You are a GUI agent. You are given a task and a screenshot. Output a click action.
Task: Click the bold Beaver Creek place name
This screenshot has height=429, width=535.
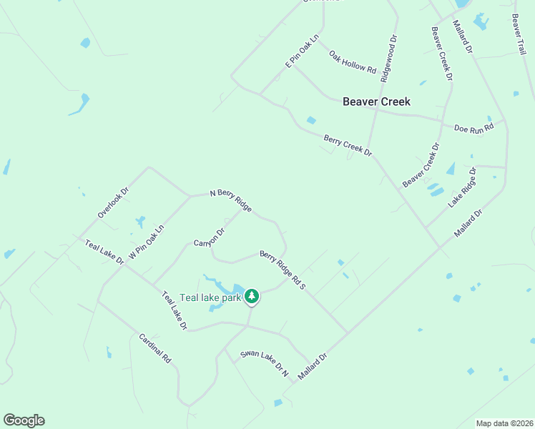tap(376, 102)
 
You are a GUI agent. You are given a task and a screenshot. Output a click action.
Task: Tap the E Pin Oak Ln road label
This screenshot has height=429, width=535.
tap(302, 52)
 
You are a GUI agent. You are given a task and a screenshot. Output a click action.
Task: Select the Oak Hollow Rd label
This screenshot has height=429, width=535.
tap(353, 61)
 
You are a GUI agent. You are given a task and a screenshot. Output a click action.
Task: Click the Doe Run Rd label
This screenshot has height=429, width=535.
tap(474, 128)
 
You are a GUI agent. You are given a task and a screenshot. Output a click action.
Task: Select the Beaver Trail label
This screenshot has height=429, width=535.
tap(519, 34)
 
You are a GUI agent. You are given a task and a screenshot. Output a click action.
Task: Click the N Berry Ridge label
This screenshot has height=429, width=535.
tap(230, 201)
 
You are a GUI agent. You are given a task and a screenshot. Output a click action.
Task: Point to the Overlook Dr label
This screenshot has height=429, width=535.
tap(113, 203)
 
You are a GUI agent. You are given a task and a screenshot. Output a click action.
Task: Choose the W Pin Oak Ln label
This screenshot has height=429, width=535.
tap(146, 243)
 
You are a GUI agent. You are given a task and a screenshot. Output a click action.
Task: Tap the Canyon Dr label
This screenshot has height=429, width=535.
tap(210, 237)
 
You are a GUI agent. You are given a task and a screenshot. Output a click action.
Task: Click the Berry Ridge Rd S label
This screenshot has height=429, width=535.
tap(283, 270)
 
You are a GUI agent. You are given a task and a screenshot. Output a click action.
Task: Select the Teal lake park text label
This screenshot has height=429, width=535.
tap(210, 297)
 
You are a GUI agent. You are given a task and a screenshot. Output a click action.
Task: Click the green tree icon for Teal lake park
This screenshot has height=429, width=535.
tap(251, 296)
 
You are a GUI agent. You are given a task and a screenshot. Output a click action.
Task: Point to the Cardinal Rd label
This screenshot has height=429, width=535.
tap(155, 347)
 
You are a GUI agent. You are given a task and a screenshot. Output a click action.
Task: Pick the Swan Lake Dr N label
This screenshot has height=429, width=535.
tap(264, 363)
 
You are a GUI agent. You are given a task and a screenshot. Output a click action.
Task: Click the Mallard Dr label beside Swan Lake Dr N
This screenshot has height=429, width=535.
tap(313, 367)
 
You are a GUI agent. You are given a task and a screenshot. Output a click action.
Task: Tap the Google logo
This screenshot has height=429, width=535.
tap(24, 420)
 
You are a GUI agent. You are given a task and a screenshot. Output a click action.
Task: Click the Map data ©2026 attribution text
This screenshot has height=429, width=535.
tap(504, 423)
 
